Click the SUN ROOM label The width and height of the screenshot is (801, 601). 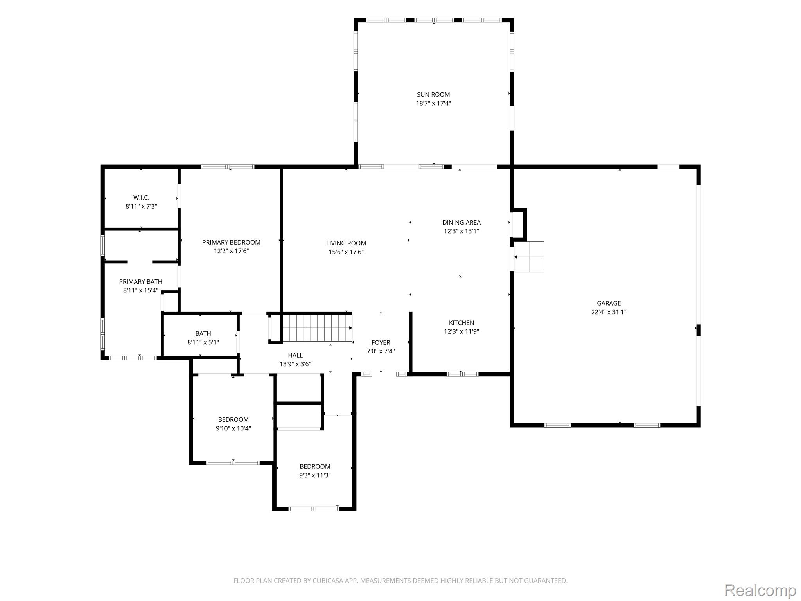click(x=433, y=94)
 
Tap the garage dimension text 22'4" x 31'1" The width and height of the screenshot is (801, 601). click(x=609, y=312)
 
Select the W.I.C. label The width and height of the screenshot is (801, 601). click(x=141, y=198)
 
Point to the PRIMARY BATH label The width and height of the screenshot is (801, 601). click(x=140, y=282)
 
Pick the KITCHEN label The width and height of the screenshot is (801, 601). click(x=462, y=323)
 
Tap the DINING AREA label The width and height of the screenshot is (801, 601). click(x=462, y=222)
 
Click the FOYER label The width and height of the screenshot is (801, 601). click(x=381, y=342)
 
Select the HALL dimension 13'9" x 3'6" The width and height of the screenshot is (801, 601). click(x=295, y=364)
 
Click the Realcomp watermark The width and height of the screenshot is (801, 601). click(x=760, y=590)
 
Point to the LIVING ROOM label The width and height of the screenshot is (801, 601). click(x=346, y=243)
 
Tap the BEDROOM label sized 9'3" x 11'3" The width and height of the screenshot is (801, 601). click(x=315, y=466)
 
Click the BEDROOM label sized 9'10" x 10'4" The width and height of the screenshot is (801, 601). click(x=233, y=420)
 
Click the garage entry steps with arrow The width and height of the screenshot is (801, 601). click(x=529, y=257)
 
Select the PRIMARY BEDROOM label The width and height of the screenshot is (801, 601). click(x=231, y=243)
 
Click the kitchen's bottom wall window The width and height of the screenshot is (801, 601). click(x=462, y=374)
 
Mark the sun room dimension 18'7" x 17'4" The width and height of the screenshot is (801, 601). click(x=433, y=104)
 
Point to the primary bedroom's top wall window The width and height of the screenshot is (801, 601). click(x=228, y=167)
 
